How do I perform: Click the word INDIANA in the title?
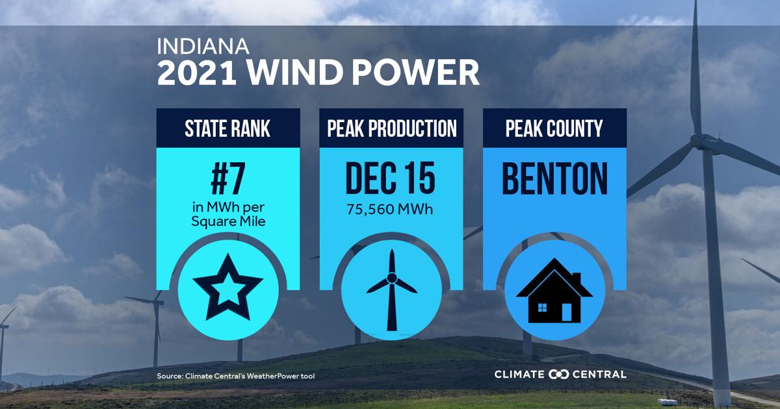point(203,46)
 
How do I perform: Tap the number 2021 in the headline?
point(197,72)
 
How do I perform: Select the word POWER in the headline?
point(418,72)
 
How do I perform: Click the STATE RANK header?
point(227,129)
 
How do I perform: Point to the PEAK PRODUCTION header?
point(392,129)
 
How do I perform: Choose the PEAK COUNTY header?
point(554,129)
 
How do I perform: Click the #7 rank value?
point(228,179)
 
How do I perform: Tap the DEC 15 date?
point(391,178)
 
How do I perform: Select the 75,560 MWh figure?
point(390,209)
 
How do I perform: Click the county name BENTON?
point(554,179)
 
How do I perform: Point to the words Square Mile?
point(228,221)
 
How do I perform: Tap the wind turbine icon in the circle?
point(392,290)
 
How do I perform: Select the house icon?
point(554,291)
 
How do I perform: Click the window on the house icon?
point(542,308)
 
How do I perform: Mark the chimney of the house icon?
point(577,279)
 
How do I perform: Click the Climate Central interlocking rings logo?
point(558,375)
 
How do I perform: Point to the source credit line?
point(236,376)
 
